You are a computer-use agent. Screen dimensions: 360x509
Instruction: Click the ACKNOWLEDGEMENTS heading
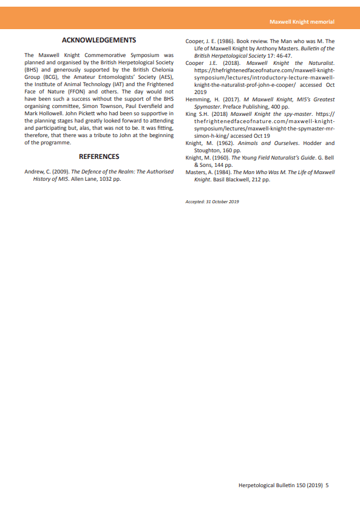click(99, 41)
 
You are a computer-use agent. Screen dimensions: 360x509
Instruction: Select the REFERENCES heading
click(99, 157)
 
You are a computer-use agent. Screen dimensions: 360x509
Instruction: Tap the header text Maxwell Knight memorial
click(302, 22)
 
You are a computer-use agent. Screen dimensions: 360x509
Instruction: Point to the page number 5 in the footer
click(327, 485)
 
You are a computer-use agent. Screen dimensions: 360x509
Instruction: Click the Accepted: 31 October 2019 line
click(212, 201)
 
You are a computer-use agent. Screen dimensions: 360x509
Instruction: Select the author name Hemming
click(198, 99)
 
